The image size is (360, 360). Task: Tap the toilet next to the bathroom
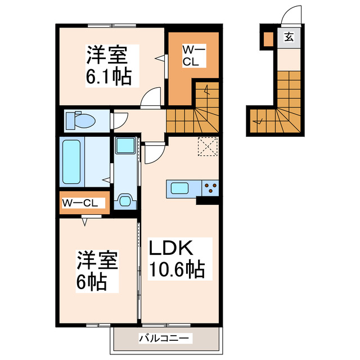[x=81, y=120]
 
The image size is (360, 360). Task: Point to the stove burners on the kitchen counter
[x=211, y=188]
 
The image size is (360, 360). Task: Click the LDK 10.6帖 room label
[x=175, y=258]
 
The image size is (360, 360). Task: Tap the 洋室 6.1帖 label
[x=108, y=65]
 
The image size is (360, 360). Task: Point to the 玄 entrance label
[x=288, y=38]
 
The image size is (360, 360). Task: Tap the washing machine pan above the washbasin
[x=125, y=146]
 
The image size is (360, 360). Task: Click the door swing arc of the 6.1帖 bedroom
[x=149, y=99]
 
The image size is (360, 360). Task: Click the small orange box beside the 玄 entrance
[x=268, y=39]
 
